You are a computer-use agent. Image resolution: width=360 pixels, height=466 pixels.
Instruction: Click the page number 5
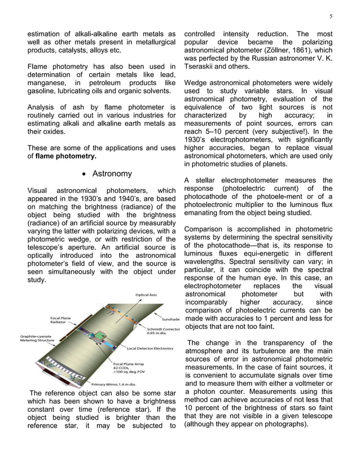[x=331, y=16]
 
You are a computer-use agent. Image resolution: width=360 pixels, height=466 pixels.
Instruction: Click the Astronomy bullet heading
[x=112, y=173]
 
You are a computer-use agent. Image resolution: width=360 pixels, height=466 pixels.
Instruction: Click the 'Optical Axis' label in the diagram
[x=146, y=294]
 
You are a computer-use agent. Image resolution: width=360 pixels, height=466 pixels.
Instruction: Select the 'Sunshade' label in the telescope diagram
[x=171, y=319]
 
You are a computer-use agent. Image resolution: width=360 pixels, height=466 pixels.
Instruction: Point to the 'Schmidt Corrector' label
[x=164, y=329]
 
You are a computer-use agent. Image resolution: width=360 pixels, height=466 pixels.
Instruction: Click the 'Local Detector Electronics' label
[x=150, y=348]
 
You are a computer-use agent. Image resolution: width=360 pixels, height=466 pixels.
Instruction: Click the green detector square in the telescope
[x=101, y=336]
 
